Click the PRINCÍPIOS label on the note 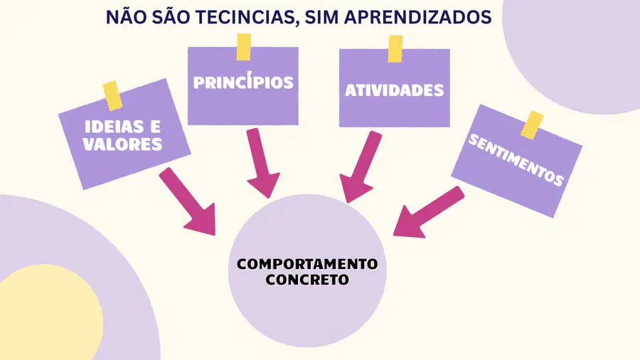pos(243,81)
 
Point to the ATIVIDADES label pos(394,90)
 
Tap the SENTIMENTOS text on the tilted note pos(516,160)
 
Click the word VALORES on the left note pos(122,144)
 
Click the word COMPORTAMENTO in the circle pos(307,264)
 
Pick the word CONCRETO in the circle pos(307,280)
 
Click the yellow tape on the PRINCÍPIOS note pos(244,47)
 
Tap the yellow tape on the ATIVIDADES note pos(395,49)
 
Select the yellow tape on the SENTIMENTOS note pos(532,125)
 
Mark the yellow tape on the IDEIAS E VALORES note pos(112,96)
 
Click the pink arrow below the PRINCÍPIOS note pos(261,162)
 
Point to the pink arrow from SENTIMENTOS pos(428,212)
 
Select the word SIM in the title pos(321,17)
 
